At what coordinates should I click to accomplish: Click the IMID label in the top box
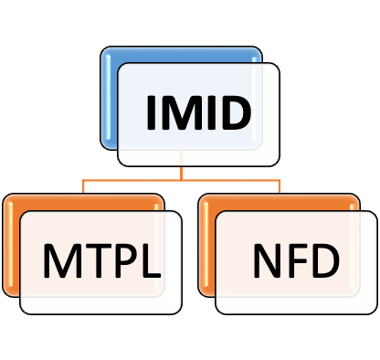tap(199, 112)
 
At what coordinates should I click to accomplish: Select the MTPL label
tap(102, 260)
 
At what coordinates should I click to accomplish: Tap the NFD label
tap(296, 260)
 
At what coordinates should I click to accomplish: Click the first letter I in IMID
tap(150, 112)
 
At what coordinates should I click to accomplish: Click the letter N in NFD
tap(268, 260)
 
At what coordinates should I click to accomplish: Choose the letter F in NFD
tap(295, 260)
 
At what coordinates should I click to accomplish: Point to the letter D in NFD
tap(324, 260)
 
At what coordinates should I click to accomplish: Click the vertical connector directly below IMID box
tap(181, 174)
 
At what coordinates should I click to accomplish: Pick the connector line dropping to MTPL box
tap(83, 186)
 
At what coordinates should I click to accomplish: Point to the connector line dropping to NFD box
tap(280, 186)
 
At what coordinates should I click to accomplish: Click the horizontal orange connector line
tap(181, 180)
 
